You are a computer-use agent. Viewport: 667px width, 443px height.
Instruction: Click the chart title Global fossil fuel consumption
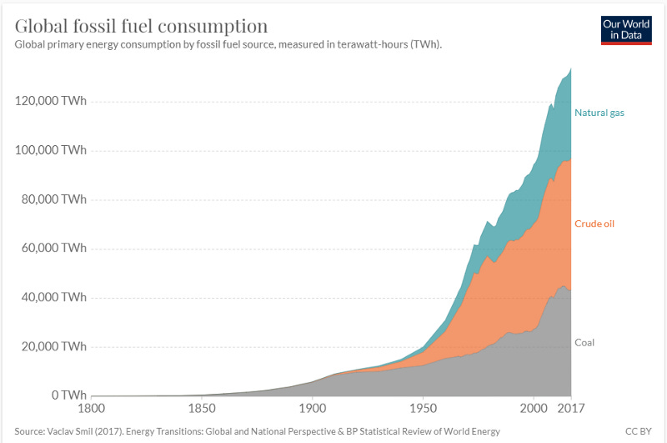tap(141, 26)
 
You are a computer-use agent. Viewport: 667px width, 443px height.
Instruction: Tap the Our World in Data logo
tap(626, 30)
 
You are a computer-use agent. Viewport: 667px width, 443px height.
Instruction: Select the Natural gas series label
tap(599, 113)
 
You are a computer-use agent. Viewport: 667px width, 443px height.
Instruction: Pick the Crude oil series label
tap(594, 224)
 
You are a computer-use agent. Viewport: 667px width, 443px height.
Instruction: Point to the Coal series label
tap(584, 343)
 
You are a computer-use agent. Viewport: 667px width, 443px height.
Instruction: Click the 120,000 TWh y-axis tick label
tap(51, 101)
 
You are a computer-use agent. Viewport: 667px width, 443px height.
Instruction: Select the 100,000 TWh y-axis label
tap(51, 150)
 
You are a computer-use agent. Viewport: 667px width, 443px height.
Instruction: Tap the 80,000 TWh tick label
tap(54, 199)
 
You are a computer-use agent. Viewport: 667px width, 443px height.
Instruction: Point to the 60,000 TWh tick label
tap(54, 248)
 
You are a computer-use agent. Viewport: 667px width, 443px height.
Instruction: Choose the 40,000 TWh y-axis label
tap(54, 297)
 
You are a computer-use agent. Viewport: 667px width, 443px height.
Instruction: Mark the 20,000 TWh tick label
tap(54, 346)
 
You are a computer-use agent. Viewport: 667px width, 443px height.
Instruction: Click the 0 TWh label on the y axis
tap(69, 395)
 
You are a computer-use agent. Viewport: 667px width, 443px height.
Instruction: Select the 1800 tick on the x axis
tap(92, 409)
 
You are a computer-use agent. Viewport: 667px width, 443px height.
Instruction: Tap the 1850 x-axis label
tap(202, 409)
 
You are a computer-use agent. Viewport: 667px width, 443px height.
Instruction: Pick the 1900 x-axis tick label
tap(313, 409)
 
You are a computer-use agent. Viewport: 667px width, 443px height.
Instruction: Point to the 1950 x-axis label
tap(424, 409)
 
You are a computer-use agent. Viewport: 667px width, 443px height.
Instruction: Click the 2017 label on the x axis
tap(571, 409)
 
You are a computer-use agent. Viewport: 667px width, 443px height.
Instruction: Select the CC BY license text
tap(639, 431)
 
